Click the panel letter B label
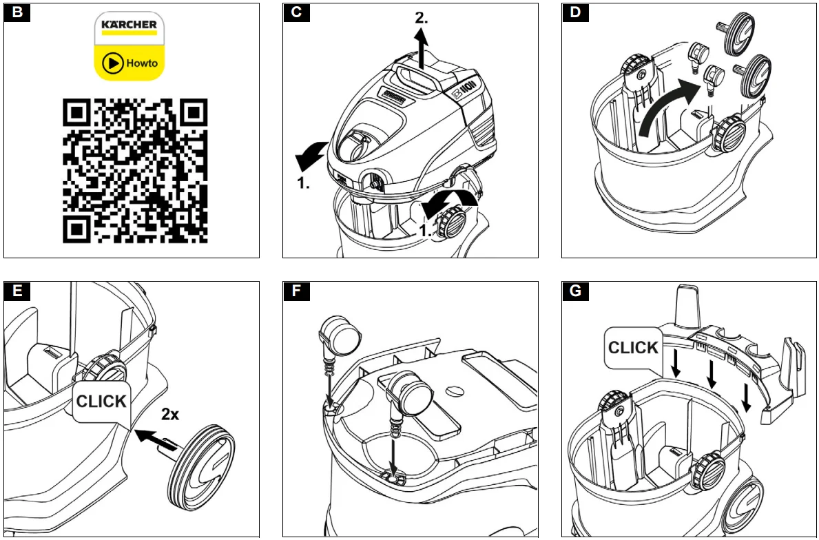(17, 12)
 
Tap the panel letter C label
(296, 12)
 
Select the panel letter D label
(575, 12)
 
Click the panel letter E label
(17, 291)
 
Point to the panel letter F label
(296, 291)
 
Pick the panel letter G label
(575, 291)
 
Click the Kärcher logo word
(129, 25)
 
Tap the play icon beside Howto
(112, 64)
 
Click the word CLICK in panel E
(101, 401)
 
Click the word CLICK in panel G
(633, 348)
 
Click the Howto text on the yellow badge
(142, 64)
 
